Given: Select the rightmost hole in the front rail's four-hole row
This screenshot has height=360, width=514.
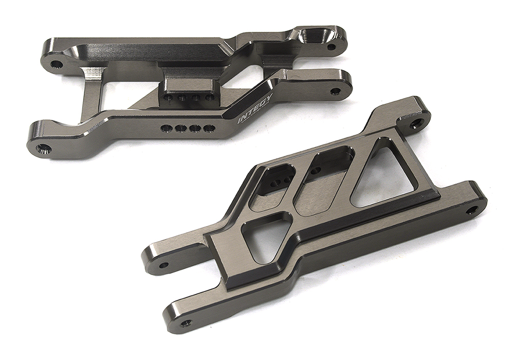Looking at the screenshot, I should (208, 128).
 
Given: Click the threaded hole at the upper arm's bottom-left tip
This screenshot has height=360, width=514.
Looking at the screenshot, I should (43, 149).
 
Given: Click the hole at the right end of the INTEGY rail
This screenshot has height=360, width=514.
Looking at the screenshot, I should (335, 92).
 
